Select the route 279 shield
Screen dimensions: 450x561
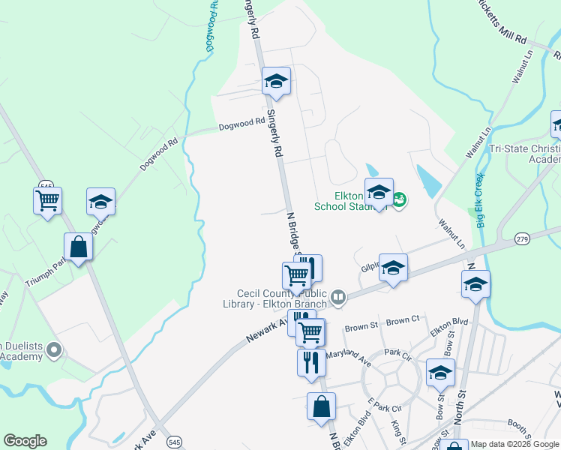[x=522, y=238]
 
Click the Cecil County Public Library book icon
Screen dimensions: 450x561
[x=338, y=298]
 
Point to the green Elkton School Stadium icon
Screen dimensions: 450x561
[x=400, y=199]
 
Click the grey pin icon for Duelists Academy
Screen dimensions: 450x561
[x=53, y=349]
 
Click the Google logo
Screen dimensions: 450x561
[x=25, y=441]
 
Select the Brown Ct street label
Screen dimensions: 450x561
[x=404, y=319]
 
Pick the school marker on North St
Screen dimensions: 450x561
[x=475, y=284]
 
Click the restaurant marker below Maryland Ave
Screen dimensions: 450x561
[x=310, y=362]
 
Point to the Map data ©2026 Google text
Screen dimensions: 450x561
[x=514, y=444]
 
